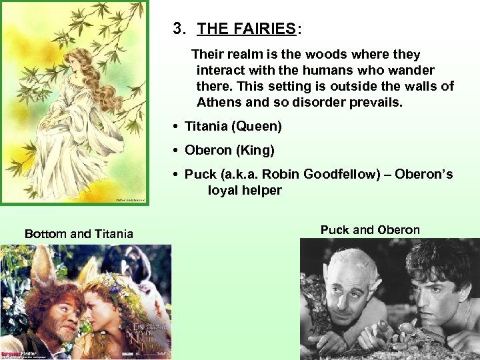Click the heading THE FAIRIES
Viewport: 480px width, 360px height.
coord(247,29)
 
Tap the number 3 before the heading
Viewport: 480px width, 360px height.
coord(177,29)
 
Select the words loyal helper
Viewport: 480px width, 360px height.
coord(245,190)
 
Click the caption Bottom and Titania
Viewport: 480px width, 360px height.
coord(79,233)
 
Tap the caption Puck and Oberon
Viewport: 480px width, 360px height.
coord(370,230)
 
